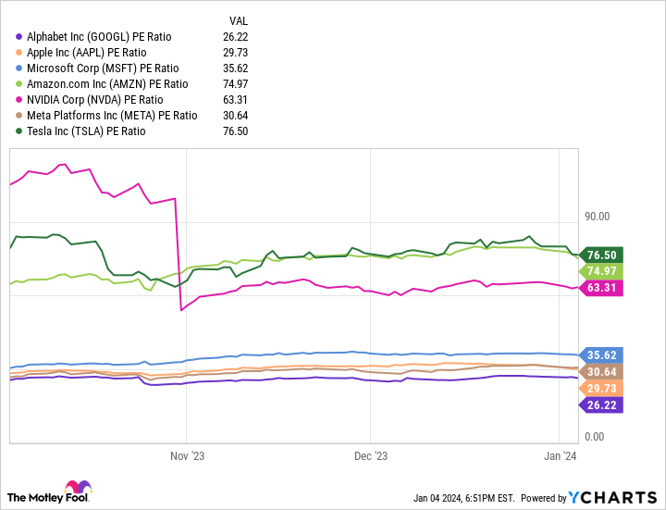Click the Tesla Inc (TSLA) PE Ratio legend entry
pyautogui.click(x=86, y=131)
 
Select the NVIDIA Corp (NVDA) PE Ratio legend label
pyautogui.click(x=94, y=100)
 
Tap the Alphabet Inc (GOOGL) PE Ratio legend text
pyautogui.click(x=98, y=37)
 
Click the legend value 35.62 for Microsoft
pyautogui.click(x=239, y=68)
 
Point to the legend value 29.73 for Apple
pyautogui.click(x=239, y=53)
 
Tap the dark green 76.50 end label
pyautogui.click(x=602, y=255)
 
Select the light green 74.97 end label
pyautogui.click(x=602, y=270)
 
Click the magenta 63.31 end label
pyautogui.click(x=602, y=288)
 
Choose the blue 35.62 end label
pyautogui.click(x=602, y=355)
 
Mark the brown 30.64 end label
pyautogui.click(x=602, y=372)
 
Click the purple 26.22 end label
pyautogui.click(x=602, y=404)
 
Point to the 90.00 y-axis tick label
pyautogui.click(x=597, y=217)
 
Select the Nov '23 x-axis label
pyautogui.click(x=187, y=455)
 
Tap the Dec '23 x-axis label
pyautogui.click(x=370, y=455)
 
